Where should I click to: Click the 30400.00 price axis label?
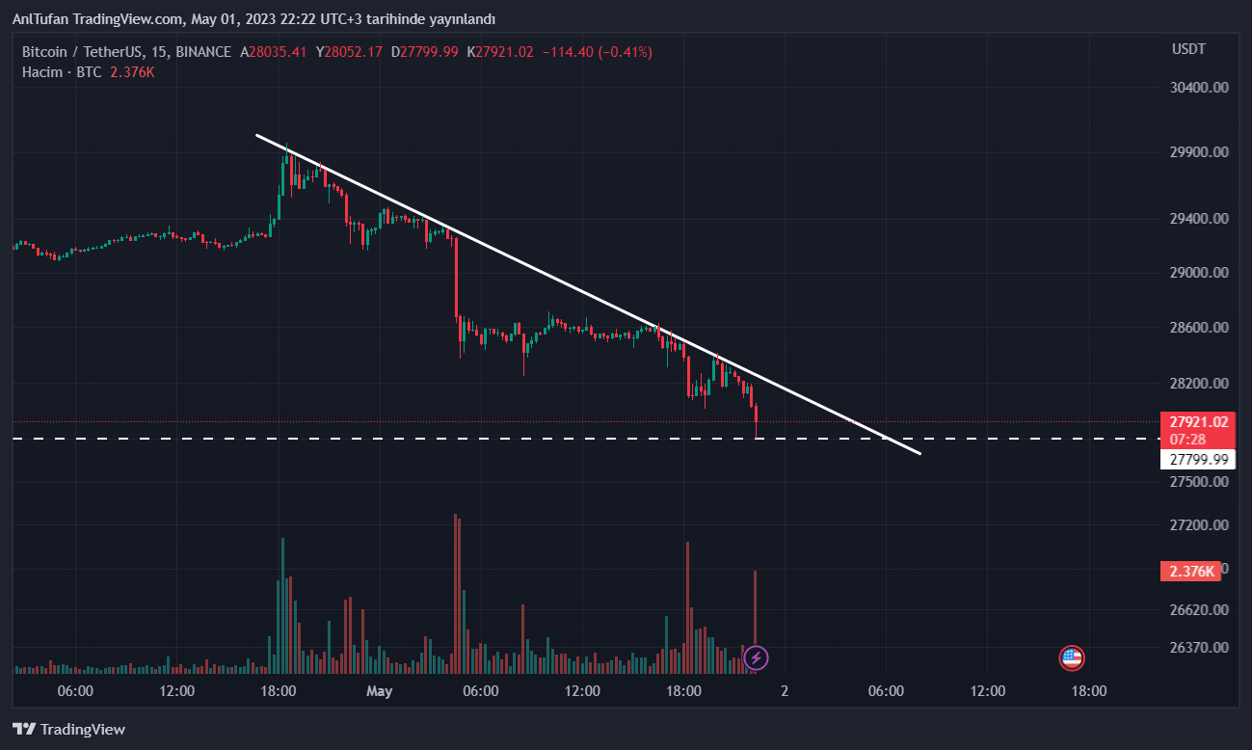(1199, 88)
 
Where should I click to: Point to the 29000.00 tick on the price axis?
(1199, 273)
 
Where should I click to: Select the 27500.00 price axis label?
(1199, 481)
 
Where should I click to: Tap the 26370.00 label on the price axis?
(1199, 647)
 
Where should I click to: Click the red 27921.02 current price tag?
(1198, 422)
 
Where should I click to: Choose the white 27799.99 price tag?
(1198, 460)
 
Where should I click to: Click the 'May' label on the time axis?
(380, 691)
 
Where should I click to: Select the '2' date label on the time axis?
(785, 691)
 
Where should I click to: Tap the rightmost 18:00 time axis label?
(1089, 691)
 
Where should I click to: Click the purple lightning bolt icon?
(757, 658)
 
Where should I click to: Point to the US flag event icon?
(1072, 658)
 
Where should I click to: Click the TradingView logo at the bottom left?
(68, 730)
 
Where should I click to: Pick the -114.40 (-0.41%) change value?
(597, 52)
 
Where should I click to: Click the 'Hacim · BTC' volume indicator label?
(62, 72)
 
